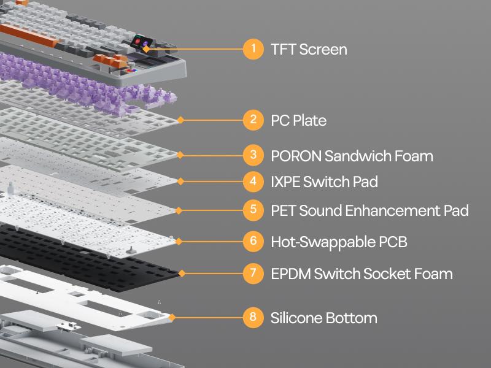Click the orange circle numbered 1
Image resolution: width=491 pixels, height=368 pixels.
pyautogui.click(x=253, y=49)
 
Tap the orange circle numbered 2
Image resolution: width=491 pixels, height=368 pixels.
pyautogui.click(x=253, y=120)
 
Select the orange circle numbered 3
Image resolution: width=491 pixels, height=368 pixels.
pyautogui.click(x=253, y=155)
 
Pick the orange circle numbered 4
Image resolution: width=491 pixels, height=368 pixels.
pyautogui.click(x=253, y=181)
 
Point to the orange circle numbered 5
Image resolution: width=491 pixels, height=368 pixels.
pyautogui.click(x=253, y=210)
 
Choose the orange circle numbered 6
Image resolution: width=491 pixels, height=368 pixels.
pyautogui.click(x=253, y=241)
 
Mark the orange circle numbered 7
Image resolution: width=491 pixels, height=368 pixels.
pyautogui.click(x=253, y=273)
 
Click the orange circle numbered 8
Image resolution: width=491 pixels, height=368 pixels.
pyautogui.click(x=253, y=317)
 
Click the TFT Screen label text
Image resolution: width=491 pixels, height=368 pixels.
pyautogui.click(x=309, y=49)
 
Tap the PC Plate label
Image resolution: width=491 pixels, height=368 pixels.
pyautogui.click(x=298, y=120)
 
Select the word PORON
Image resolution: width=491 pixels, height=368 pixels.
pyautogui.click(x=295, y=156)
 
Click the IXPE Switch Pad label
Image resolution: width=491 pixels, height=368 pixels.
pyautogui.click(x=324, y=182)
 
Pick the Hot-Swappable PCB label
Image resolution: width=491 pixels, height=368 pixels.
pyautogui.click(x=339, y=242)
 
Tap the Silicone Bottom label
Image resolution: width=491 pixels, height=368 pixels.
pyautogui.click(x=323, y=318)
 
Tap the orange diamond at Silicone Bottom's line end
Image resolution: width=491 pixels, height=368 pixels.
pyautogui.click(x=172, y=317)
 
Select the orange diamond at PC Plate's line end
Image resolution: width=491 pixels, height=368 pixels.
pyautogui.click(x=180, y=120)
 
